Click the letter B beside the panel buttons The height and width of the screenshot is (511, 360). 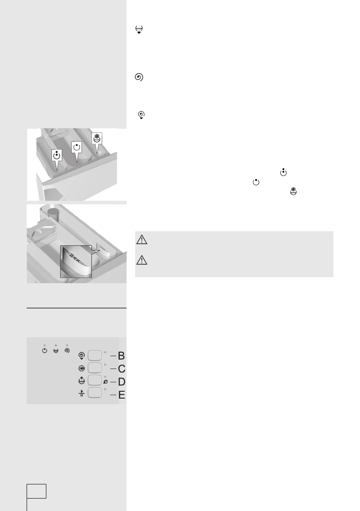[x=121, y=356]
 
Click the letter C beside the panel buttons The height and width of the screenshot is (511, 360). [x=121, y=369]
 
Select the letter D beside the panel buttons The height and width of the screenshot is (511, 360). [x=121, y=382]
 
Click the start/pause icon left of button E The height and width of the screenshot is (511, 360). [x=81, y=393]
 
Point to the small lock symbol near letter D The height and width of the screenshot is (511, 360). [x=106, y=381]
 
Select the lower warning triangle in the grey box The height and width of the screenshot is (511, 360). [x=143, y=260]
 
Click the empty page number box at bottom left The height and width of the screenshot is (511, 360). [x=36, y=491]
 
